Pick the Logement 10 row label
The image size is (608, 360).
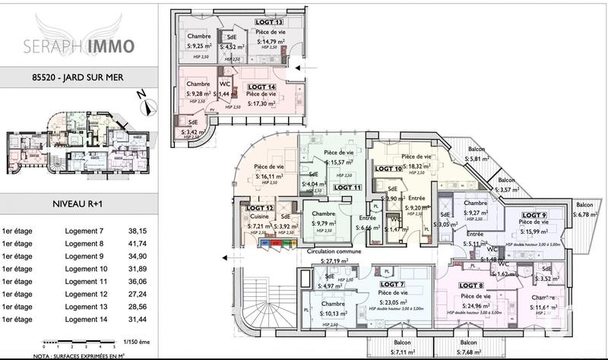(x=86, y=269)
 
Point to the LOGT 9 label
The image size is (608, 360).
(x=534, y=215)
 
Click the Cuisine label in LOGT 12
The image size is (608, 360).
(x=260, y=216)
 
